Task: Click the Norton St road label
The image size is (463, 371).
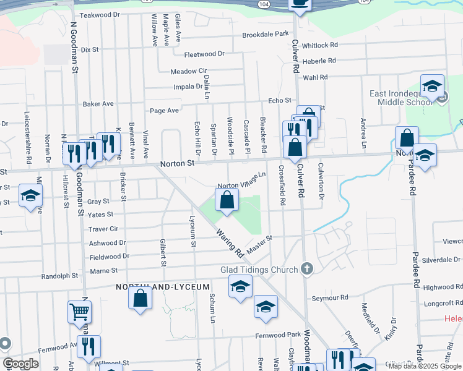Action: tap(177, 164)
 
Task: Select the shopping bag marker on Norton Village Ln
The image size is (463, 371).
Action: tap(227, 200)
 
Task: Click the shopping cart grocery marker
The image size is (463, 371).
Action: tap(80, 313)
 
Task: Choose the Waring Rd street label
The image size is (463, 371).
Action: tap(229, 243)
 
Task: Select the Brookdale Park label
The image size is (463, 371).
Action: tap(266, 34)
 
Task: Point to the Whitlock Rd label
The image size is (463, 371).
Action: tap(320, 45)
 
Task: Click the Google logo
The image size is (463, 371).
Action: tap(20, 364)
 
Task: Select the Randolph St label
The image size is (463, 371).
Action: tap(60, 276)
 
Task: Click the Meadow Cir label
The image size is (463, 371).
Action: tap(188, 71)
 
